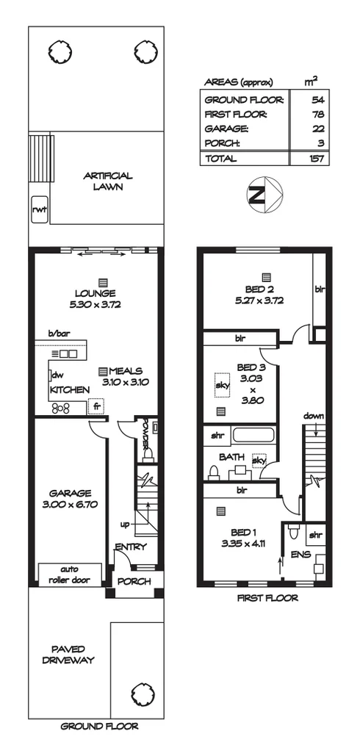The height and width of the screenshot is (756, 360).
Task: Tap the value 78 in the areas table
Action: click(x=317, y=114)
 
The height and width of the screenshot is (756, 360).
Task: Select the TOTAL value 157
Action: click(x=317, y=159)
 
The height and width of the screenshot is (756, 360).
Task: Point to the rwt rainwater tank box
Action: click(x=39, y=209)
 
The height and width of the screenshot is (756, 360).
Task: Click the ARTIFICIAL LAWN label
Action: click(x=107, y=181)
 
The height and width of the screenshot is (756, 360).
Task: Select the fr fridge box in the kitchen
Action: click(x=95, y=406)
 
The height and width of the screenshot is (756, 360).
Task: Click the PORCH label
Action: click(x=134, y=581)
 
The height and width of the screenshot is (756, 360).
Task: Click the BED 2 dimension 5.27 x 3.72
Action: click(x=259, y=300)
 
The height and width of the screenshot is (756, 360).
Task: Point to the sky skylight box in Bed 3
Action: click(x=220, y=384)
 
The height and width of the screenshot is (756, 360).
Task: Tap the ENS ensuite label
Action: click(x=300, y=555)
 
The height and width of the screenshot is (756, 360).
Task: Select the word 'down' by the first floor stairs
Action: click(x=314, y=417)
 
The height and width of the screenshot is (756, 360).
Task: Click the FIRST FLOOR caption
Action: click(x=267, y=598)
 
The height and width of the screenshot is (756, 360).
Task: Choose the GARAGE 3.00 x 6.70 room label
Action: click(x=71, y=499)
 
